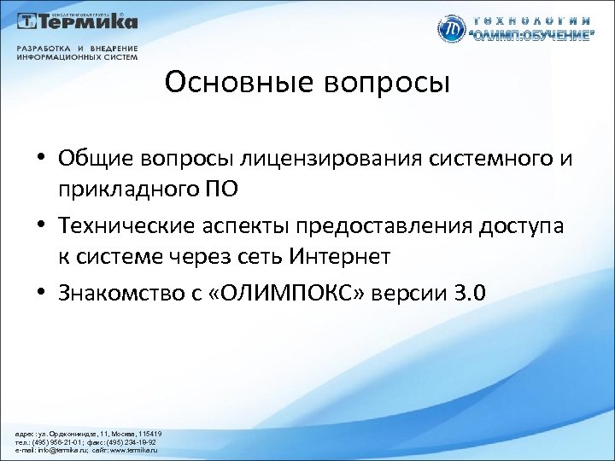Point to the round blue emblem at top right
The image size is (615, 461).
tap(449, 29)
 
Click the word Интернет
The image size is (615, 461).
tap(342, 254)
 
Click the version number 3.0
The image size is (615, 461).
tap(471, 293)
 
